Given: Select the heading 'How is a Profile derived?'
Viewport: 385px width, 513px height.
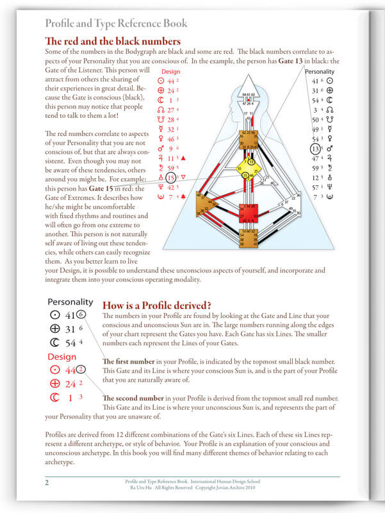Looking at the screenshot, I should click(x=158, y=305).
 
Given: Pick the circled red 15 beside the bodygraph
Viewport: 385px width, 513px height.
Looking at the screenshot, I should click(x=170, y=178).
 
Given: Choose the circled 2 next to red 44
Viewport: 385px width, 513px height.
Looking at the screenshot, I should click(x=81, y=369).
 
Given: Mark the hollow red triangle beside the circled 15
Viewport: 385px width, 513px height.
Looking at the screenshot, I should click(x=184, y=177).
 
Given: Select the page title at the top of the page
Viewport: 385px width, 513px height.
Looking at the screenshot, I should click(x=116, y=24).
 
